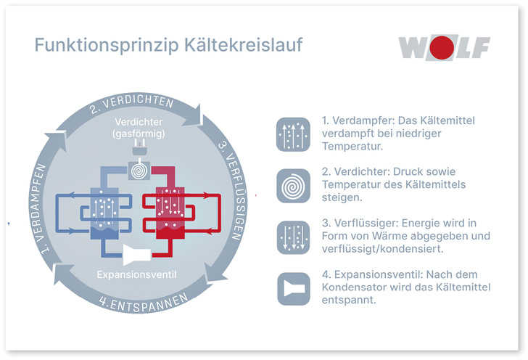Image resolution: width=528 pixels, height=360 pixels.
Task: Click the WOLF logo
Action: coord(444,47)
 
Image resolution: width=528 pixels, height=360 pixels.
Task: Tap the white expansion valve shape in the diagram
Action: coord(137,254)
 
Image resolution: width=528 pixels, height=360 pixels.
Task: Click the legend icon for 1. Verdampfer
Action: coord(293,134)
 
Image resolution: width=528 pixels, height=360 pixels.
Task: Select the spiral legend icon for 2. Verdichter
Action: coord(293,187)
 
